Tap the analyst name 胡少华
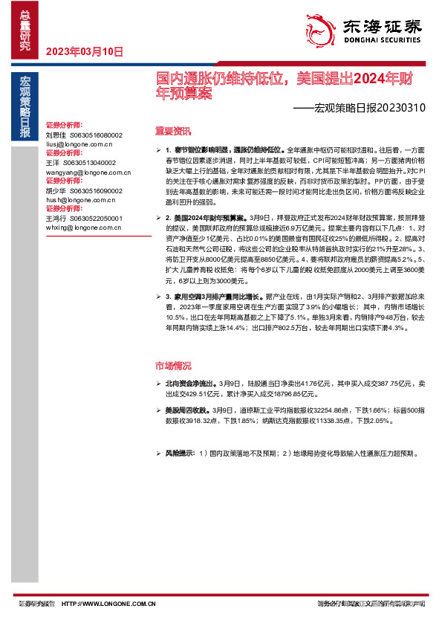pos(56,190)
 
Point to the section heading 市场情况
pos(172,366)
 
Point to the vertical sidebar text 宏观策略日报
pos(25,107)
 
